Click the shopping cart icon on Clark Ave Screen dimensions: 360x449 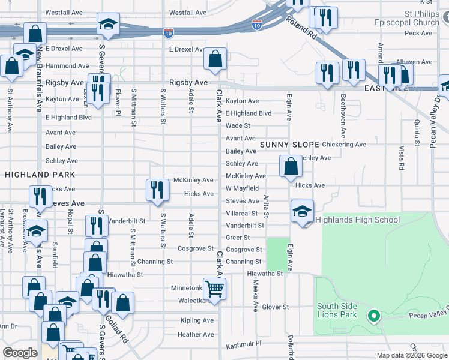pos(214,289)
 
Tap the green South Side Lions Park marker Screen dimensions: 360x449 pos(373,316)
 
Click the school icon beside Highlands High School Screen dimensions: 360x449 pos(302,211)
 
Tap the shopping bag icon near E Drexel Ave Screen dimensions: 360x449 pos(215,59)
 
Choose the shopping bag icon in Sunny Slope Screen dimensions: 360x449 pos(291,166)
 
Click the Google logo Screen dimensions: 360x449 pos(20,353)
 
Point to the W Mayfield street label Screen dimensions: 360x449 pos(242,188)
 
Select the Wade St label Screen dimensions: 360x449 pos(238,125)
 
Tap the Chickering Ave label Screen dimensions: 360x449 pos(344,145)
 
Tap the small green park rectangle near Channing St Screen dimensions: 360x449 pos(277,254)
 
